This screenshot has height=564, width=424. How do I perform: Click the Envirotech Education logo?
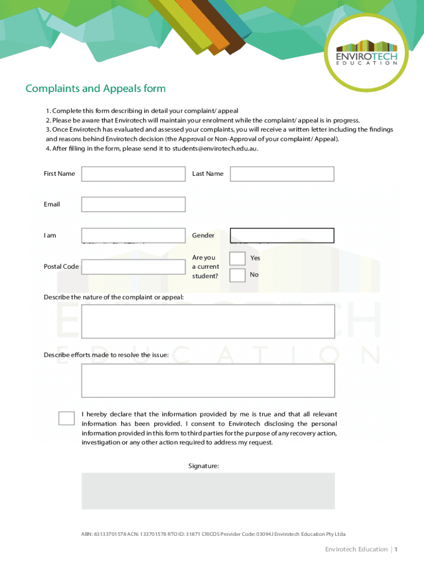tap(366, 53)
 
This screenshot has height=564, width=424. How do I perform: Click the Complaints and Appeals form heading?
tap(95, 89)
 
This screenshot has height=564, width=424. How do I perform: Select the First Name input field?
tap(133, 174)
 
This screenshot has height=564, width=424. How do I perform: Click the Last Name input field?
tap(282, 174)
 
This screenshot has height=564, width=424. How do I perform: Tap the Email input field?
tap(133, 204)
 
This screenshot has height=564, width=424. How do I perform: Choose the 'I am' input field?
tap(133, 235)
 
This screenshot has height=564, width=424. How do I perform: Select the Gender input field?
tap(282, 235)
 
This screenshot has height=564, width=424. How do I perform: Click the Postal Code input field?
tap(133, 267)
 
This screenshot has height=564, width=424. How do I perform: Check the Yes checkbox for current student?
tap(237, 258)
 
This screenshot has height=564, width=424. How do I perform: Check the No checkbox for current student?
tap(237, 275)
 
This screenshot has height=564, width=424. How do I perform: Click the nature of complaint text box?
tap(208, 321)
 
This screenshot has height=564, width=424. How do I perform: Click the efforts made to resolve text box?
tap(208, 380)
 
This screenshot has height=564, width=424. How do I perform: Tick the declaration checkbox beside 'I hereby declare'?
tap(67, 418)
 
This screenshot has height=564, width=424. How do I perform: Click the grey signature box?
tap(208, 491)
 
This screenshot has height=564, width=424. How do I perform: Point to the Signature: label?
tap(204, 466)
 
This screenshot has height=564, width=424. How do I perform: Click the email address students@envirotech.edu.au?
tap(214, 149)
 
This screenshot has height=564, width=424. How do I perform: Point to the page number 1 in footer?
tap(396, 549)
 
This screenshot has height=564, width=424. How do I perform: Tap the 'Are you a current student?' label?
tap(205, 267)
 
